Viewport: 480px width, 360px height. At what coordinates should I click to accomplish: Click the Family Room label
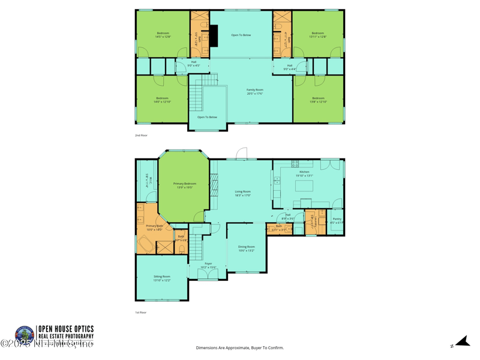tap(255, 92)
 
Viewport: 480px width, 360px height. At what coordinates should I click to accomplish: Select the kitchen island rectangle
tap(305, 187)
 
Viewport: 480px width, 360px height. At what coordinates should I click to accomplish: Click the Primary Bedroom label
tap(184, 185)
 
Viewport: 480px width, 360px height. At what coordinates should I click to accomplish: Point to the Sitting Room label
tap(162, 278)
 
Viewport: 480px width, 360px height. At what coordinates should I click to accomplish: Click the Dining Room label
tap(247, 248)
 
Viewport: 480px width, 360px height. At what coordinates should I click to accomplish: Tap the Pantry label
tap(337, 220)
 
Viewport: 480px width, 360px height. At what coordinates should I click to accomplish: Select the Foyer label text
tap(208, 265)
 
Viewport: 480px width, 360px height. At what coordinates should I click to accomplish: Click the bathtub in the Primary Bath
tap(146, 245)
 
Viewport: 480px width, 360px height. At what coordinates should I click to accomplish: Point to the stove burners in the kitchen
tap(295, 163)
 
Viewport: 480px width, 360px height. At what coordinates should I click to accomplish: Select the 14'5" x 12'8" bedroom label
tap(163, 35)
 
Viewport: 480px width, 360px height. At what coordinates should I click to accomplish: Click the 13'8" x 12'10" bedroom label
tap(318, 100)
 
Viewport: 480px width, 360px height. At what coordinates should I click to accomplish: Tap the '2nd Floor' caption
tap(142, 136)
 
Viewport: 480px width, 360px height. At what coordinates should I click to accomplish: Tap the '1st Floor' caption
tap(141, 313)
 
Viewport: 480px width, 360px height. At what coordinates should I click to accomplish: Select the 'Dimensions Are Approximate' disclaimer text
tap(240, 348)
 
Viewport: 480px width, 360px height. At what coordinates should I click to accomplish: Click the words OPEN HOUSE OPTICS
tap(66, 329)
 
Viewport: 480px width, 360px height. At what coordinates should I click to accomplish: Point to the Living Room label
tap(242, 193)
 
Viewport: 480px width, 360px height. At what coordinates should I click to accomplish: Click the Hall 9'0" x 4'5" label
tap(194, 63)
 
